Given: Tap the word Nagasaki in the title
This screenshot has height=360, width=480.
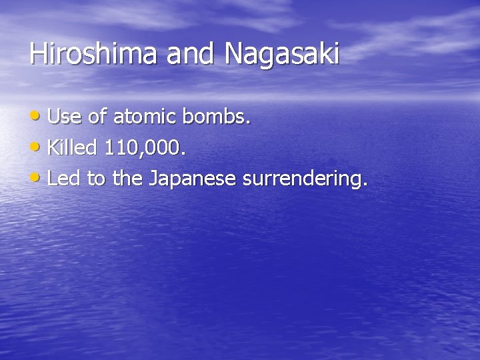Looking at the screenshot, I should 282,55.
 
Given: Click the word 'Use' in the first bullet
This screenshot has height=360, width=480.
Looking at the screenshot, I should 65,117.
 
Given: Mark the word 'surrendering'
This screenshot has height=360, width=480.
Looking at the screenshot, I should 302,179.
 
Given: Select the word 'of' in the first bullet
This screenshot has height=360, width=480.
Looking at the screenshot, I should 97,117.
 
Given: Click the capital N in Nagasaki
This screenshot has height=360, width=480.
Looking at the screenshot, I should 235,54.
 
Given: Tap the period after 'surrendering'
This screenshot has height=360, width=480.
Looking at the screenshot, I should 365,185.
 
